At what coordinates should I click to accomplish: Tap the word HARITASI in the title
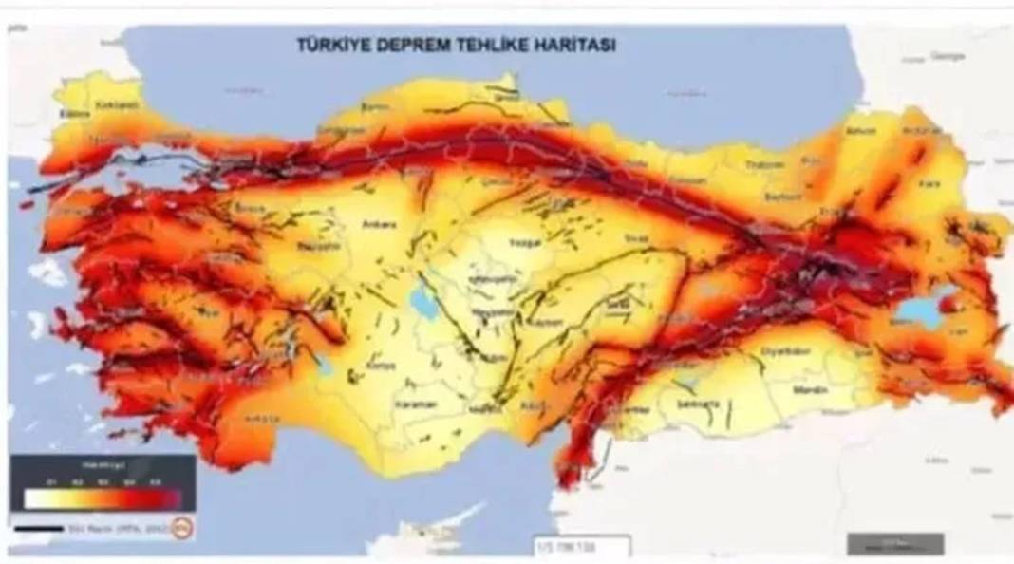point(568,44)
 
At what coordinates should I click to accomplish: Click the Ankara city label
point(378,225)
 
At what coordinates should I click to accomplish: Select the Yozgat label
point(524,242)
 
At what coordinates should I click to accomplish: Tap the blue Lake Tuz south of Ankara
point(419,302)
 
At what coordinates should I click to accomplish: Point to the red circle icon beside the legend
point(183,528)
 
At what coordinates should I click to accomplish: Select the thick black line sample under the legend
point(39,528)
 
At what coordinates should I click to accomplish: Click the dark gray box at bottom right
point(882,543)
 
